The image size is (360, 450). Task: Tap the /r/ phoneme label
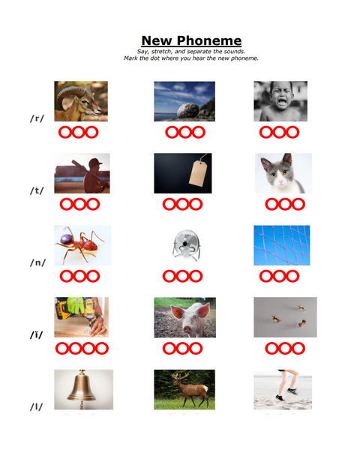click(x=37, y=118)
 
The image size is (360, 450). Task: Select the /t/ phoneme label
click(x=37, y=190)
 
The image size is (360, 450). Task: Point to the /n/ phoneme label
click(x=37, y=262)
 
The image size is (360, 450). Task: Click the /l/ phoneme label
click(x=37, y=406)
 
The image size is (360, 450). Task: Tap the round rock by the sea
click(x=188, y=110)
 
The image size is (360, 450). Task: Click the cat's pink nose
click(x=280, y=181)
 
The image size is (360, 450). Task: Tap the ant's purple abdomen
click(x=67, y=239)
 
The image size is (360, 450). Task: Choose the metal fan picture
click(x=186, y=244)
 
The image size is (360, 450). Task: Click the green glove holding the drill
click(x=76, y=305)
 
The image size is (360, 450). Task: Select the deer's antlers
click(x=180, y=376)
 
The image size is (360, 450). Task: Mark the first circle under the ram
click(x=65, y=132)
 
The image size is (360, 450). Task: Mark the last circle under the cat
click(x=298, y=204)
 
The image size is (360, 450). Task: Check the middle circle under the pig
click(x=182, y=349)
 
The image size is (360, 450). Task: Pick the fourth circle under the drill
click(x=102, y=349)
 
